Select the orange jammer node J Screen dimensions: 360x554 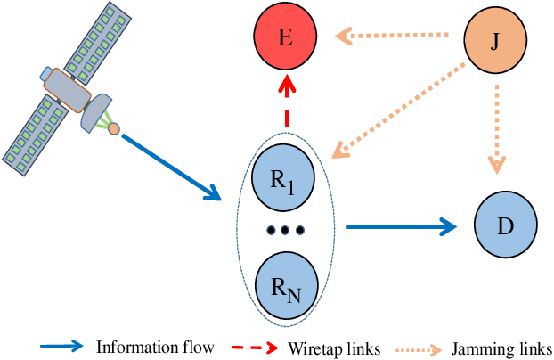[x=495, y=40]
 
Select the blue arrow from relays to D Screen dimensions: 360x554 [x=401, y=228]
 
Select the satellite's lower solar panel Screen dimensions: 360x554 [x=41, y=129]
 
